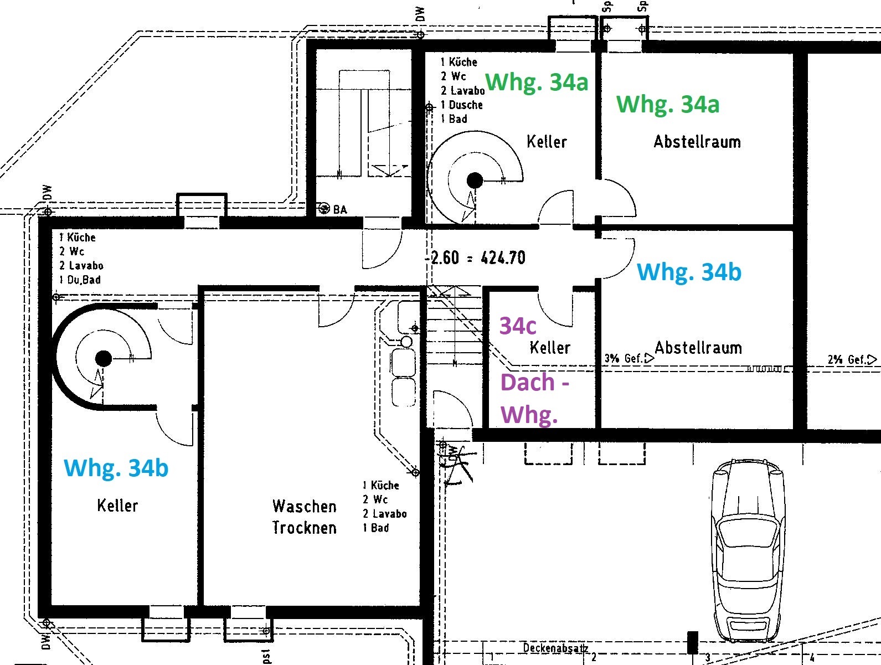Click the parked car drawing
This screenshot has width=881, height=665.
tap(748, 551)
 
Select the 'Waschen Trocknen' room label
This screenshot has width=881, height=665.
tap(304, 517)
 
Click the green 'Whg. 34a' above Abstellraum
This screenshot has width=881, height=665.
tap(667, 104)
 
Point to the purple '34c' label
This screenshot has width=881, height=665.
tap(518, 326)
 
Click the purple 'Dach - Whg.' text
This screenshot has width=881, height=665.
tap(534, 398)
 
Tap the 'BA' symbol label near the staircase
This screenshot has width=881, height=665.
tap(339, 209)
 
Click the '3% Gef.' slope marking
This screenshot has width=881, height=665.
tap(628, 358)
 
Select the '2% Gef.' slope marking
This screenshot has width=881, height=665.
tap(852, 359)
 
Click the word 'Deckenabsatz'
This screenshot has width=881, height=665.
tap(555, 648)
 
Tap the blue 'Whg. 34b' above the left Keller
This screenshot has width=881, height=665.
tap(116, 468)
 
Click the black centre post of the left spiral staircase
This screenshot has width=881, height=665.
tap(104, 358)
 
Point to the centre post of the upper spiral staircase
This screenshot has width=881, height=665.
tap(475, 180)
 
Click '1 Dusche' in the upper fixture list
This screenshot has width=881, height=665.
tap(462, 105)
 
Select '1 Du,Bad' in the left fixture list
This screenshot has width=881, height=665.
tap(80, 280)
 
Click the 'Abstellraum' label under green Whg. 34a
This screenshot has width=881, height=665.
tap(697, 142)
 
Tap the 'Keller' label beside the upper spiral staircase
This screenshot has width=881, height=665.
tap(547, 142)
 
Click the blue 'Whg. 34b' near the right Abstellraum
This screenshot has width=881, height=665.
tap(689, 272)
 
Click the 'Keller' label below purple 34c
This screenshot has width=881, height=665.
tap(550, 348)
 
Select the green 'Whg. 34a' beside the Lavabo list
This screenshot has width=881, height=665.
tap(537, 82)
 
